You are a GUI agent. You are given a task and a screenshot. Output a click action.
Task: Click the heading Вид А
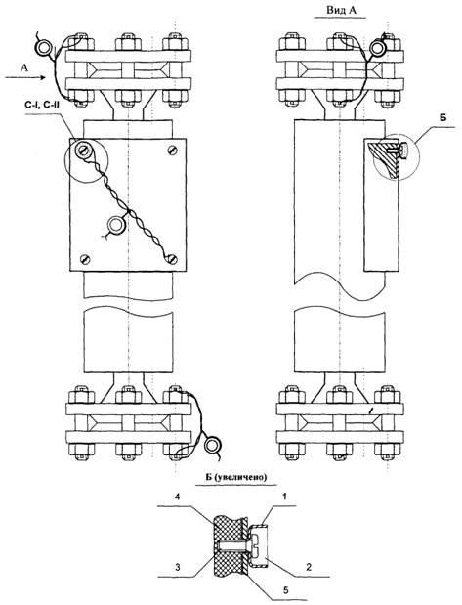341,10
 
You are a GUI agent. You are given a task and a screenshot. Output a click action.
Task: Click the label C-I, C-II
40,103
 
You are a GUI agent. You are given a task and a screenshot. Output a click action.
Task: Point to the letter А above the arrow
24,67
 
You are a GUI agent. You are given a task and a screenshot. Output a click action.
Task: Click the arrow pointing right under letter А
25,77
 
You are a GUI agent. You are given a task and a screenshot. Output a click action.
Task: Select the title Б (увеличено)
235,477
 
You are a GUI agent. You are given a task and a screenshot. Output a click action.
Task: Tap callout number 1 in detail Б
285,497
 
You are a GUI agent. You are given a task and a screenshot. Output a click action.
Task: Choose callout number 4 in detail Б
177,497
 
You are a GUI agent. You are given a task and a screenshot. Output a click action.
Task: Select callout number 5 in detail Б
286,590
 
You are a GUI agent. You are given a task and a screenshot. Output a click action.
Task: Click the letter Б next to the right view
442,117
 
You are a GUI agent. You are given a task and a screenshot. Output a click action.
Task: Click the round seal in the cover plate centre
115,224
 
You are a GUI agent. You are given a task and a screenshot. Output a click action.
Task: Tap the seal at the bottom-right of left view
212,445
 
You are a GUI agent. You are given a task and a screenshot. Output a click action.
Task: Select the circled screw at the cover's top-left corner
82,149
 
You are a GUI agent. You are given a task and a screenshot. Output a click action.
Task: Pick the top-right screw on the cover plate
173,150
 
